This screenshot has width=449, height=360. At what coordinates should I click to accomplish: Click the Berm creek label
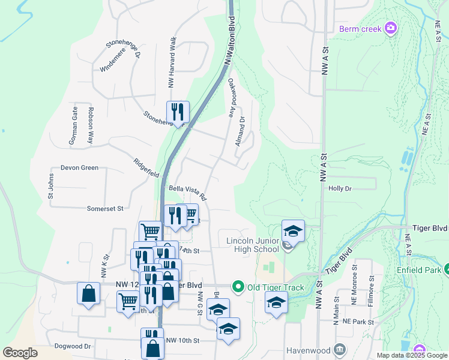tap(361, 28)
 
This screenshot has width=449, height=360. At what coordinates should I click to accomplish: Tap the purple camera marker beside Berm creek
tap(391, 28)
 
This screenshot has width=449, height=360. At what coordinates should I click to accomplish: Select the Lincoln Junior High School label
tap(253, 245)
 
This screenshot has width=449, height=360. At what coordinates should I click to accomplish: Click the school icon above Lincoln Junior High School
tap(292, 230)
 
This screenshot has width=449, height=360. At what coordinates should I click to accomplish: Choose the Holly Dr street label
tap(340, 188)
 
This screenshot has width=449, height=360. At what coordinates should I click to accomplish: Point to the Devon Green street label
tap(79, 168)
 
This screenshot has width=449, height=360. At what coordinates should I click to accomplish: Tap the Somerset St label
tap(104, 208)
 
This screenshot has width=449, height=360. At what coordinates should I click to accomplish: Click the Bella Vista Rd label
tap(187, 192)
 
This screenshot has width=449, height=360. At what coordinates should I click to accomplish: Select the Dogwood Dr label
tap(71, 346)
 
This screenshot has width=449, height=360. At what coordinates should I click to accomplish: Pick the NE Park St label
tap(358, 322)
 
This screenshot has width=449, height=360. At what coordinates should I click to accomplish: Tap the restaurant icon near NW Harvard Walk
tap(178, 112)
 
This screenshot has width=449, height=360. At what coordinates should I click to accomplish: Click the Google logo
tap(20, 352)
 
